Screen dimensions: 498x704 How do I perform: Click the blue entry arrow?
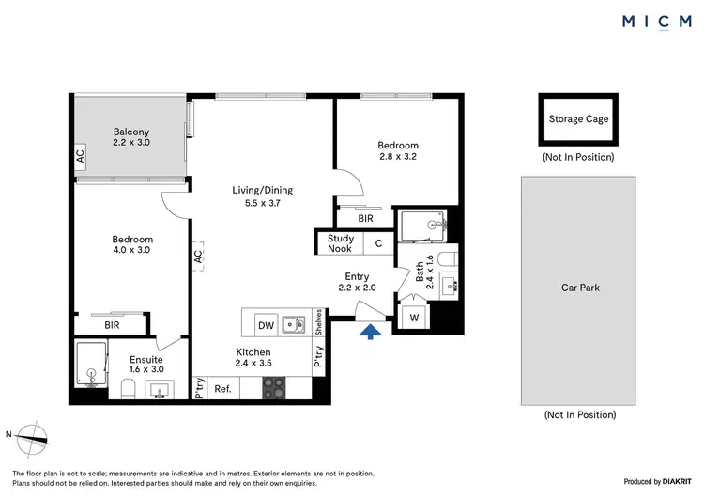coord(371,330)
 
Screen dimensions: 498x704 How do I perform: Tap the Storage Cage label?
coord(578,119)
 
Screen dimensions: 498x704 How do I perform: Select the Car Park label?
coord(580,288)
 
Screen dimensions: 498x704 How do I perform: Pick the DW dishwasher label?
coord(266,325)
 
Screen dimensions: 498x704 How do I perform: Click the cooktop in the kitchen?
coord(274,386)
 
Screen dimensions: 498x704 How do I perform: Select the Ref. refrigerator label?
coord(223,388)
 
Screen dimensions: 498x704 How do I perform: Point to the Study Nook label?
coord(340,243)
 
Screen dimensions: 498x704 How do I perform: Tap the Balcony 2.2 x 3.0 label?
coord(131,137)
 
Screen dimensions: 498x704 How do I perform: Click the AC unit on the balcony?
coord(80,155)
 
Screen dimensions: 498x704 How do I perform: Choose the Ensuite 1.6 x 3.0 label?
coord(146,365)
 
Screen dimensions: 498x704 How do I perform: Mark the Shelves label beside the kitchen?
coord(320,322)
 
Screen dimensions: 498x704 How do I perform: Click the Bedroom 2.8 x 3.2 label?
coord(398,151)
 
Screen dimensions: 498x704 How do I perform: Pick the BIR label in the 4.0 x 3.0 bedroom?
coord(112,324)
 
